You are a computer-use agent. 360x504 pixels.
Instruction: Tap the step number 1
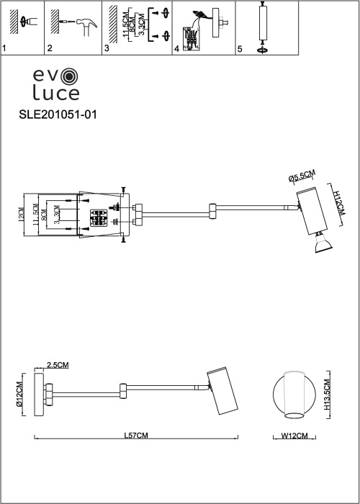point(4,49)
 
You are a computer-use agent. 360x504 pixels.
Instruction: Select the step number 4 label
point(176,49)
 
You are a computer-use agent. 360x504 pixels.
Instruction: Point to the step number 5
point(239,49)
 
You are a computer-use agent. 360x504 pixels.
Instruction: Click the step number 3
point(107,49)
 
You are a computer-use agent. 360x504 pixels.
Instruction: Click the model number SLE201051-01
point(57,114)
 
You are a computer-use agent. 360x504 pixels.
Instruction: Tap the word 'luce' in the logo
point(55,92)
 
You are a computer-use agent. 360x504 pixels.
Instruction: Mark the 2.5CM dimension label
point(58,366)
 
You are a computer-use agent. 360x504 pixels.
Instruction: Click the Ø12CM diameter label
point(20,395)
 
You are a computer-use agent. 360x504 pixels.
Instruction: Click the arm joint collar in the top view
point(212,210)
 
